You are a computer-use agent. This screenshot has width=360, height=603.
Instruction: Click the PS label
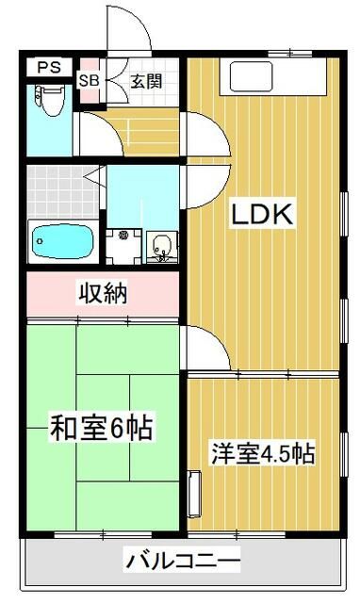pos(49,68)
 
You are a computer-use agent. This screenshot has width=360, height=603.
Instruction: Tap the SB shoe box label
pos(89,81)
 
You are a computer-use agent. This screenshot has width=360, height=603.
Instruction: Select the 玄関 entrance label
pos(146,81)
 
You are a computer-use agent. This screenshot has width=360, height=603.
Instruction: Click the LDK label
pos(262,214)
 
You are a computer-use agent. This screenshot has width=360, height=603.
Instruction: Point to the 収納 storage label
pos(103,294)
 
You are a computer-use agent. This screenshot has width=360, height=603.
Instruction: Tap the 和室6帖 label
pos(102,428)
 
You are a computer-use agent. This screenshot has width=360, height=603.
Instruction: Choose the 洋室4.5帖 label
pos(263,454)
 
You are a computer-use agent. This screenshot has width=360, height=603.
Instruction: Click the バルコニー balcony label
pos(184,561)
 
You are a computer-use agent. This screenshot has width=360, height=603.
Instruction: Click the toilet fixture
pos(50,100)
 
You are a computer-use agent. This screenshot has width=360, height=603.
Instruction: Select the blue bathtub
pos(63,241)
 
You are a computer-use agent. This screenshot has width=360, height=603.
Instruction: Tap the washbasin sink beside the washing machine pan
pos(162,247)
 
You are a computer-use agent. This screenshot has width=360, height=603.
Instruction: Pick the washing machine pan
pos(123,247)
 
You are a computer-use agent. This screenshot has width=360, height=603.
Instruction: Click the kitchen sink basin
pos(252,76)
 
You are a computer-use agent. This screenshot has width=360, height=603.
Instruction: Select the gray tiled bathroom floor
pos(63,192)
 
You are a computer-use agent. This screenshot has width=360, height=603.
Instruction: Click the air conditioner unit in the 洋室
pos(195,494)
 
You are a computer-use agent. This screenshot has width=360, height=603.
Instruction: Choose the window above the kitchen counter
pos(289,53)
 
